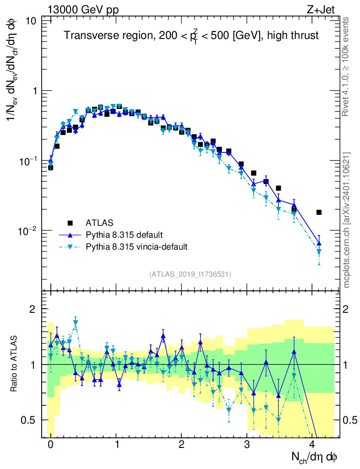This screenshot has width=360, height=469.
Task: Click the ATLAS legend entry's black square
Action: [x=70, y=223]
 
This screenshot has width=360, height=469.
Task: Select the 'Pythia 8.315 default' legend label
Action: [x=124, y=235]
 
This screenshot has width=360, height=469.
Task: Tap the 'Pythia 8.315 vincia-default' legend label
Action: [x=136, y=247]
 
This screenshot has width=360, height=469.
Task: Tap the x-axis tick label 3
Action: [x=247, y=444]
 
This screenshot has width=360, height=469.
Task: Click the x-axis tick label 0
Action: [x=50, y=444]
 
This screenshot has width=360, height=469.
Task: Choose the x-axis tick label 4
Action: [x=312, y=444]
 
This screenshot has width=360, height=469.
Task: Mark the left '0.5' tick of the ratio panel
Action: [x=29, y=420]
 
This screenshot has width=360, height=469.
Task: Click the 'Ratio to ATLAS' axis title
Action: [x=15, y=364]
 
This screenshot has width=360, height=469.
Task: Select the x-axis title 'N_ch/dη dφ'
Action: [x=314, y=457]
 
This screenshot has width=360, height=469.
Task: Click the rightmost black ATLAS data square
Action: [x=319, y=212]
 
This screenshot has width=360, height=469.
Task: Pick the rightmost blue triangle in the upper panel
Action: [x=319, y=243]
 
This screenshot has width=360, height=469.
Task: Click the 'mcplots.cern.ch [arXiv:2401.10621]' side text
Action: [x=347, y=220]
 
